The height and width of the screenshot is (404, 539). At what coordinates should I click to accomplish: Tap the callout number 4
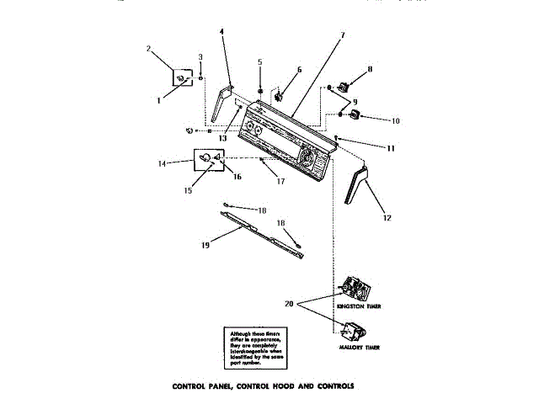click(x=221, y=32)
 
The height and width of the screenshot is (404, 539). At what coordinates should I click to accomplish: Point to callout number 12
click(x=387, y=217)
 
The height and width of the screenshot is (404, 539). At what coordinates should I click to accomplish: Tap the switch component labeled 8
click(x=344, y=84)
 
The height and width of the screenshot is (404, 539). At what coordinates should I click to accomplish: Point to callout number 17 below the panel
click(x=281, y=181)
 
